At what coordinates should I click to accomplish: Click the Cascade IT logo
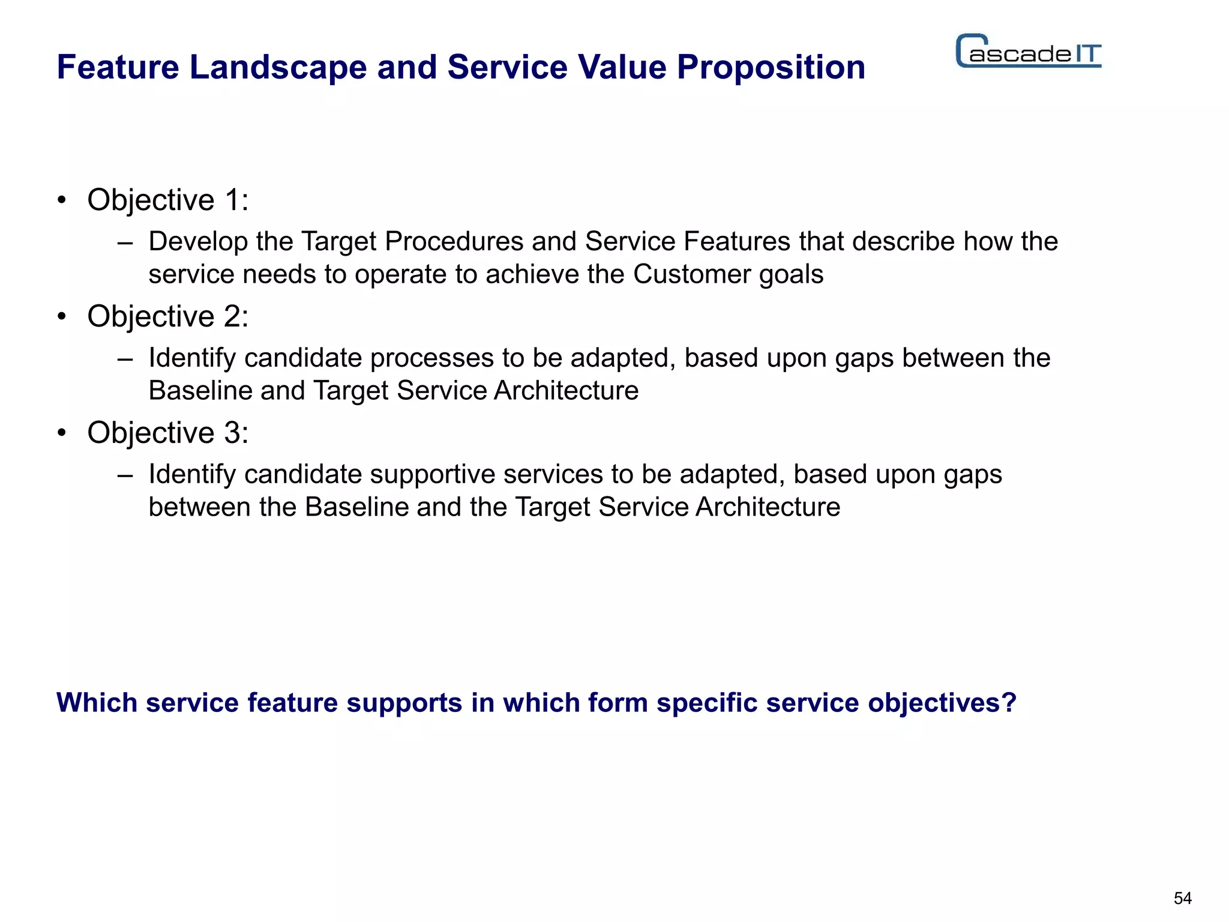pos(1028,52)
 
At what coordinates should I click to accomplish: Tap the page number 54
pos(1182,898)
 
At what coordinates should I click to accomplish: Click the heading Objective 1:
pos(167,200)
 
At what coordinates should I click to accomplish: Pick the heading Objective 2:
pos(167,316)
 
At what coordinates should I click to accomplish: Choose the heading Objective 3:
pos(167,433)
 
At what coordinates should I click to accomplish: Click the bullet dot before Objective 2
pos(61,316)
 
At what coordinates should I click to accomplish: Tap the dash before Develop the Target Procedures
pos(125,243)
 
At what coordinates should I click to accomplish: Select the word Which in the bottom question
pos(97,702)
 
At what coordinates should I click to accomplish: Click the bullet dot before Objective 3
pos(61,433)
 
